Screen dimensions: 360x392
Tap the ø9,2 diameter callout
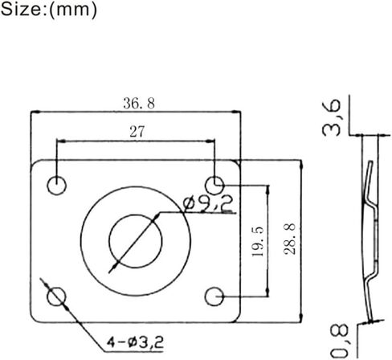click(x=207, y=205)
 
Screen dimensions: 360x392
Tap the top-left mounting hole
click(x=55, y=184)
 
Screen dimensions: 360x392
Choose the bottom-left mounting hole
click(x=55, y=297)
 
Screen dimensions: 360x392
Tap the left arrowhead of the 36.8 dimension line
click(x=33, y=113)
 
